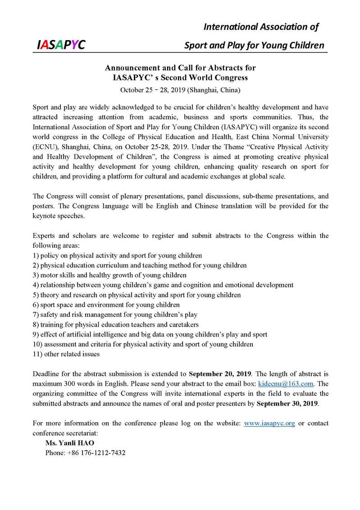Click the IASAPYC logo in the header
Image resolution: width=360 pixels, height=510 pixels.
(x=61, y=44)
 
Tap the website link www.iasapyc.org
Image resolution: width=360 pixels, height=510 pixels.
(x=269, y=423)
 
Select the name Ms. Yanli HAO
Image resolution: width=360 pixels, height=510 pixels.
(x=70, y=443)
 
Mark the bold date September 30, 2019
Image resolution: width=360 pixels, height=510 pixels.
(x=287, y=403)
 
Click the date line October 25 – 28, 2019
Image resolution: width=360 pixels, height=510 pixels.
(x=180, y=90)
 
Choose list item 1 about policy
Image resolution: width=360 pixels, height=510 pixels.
(x=117, y=255)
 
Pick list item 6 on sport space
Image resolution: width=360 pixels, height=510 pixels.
(x=106, y=305)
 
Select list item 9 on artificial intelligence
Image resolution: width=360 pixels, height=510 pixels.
(x=150, y=334)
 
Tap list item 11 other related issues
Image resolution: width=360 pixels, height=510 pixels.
(x=66, y=354)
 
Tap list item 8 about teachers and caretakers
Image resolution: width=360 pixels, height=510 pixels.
(x=116, y=324)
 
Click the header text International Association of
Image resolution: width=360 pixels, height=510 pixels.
(x=261, y=27)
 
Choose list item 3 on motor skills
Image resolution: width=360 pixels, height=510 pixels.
(x=109, y=275)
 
